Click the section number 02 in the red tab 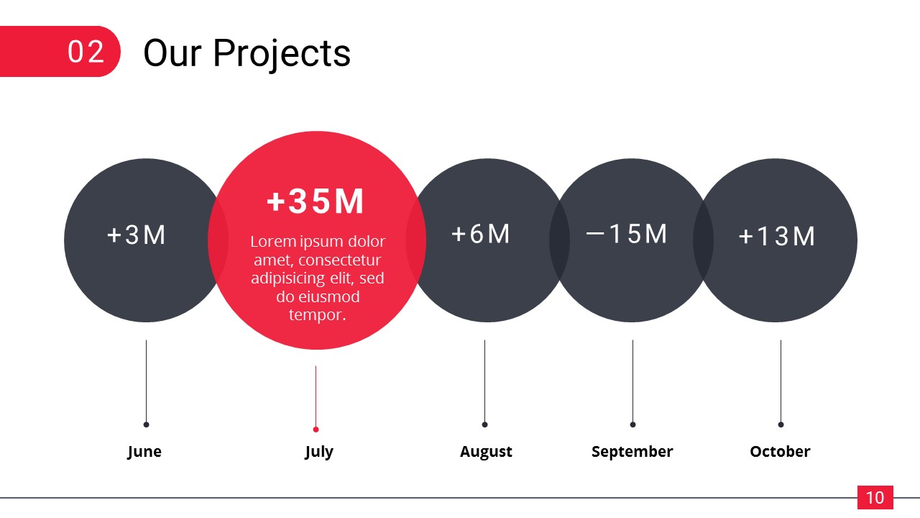[86, 52]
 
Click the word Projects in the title [282, 54]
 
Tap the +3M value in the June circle [136, 235]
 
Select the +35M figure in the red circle [316, 201]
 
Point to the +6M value [481, 234]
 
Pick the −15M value [626, 234]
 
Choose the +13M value [777, 237]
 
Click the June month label [144, 452]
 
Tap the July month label [319, 452]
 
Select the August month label [486, 452]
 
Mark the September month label [632, 452]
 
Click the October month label [780, 451]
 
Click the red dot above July [316, 430]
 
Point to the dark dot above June [146, 424]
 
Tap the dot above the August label [484, 424]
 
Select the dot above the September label [633, 424]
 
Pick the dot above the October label [781, 424]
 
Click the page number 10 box [875, 497]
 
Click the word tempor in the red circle [318, 315]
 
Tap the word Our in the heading [172, 53]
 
